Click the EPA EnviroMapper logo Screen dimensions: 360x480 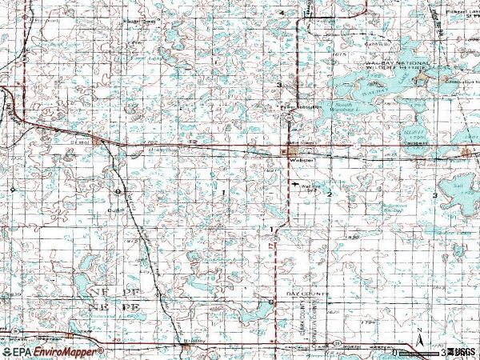(x=52, y=351)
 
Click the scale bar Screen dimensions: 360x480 (x=420, y=351)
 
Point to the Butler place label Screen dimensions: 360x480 (x=120, y=210)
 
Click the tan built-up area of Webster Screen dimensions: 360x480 (x=292, y=150)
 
